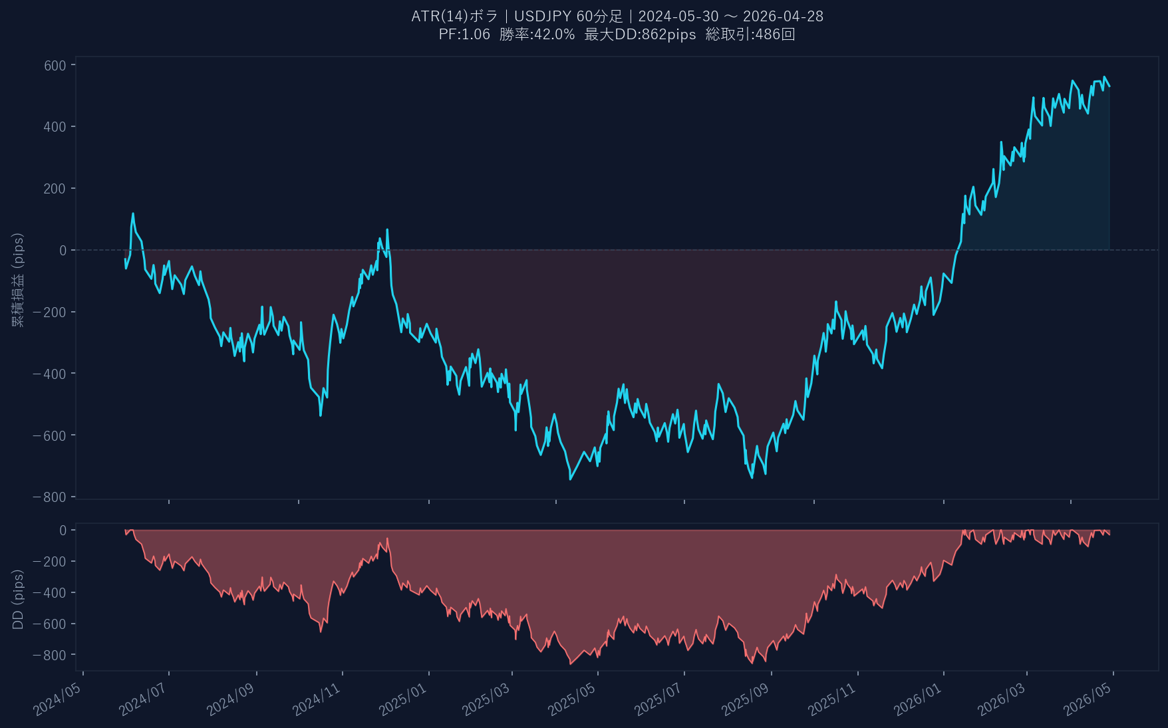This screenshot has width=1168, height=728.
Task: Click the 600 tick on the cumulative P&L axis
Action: [55, 65]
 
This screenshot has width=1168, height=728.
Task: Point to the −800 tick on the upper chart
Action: [50, 497]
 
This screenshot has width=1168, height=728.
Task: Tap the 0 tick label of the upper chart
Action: [63, 251]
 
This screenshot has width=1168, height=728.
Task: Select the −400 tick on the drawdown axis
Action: [50, 593]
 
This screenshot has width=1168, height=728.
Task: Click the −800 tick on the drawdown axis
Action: [50, 656]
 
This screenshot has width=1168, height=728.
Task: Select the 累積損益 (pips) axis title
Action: [18, 280]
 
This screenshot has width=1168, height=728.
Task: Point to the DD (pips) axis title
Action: [18, 599]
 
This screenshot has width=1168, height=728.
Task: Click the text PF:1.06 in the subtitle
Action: [464, 35]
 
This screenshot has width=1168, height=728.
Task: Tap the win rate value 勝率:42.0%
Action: [537, 35]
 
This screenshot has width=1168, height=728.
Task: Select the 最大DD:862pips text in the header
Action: [640, 35]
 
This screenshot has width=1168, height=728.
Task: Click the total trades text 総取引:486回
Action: [750, 35]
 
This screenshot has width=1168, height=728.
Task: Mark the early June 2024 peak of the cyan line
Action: [133, 214]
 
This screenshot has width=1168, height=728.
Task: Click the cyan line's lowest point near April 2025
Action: [571, 479]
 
